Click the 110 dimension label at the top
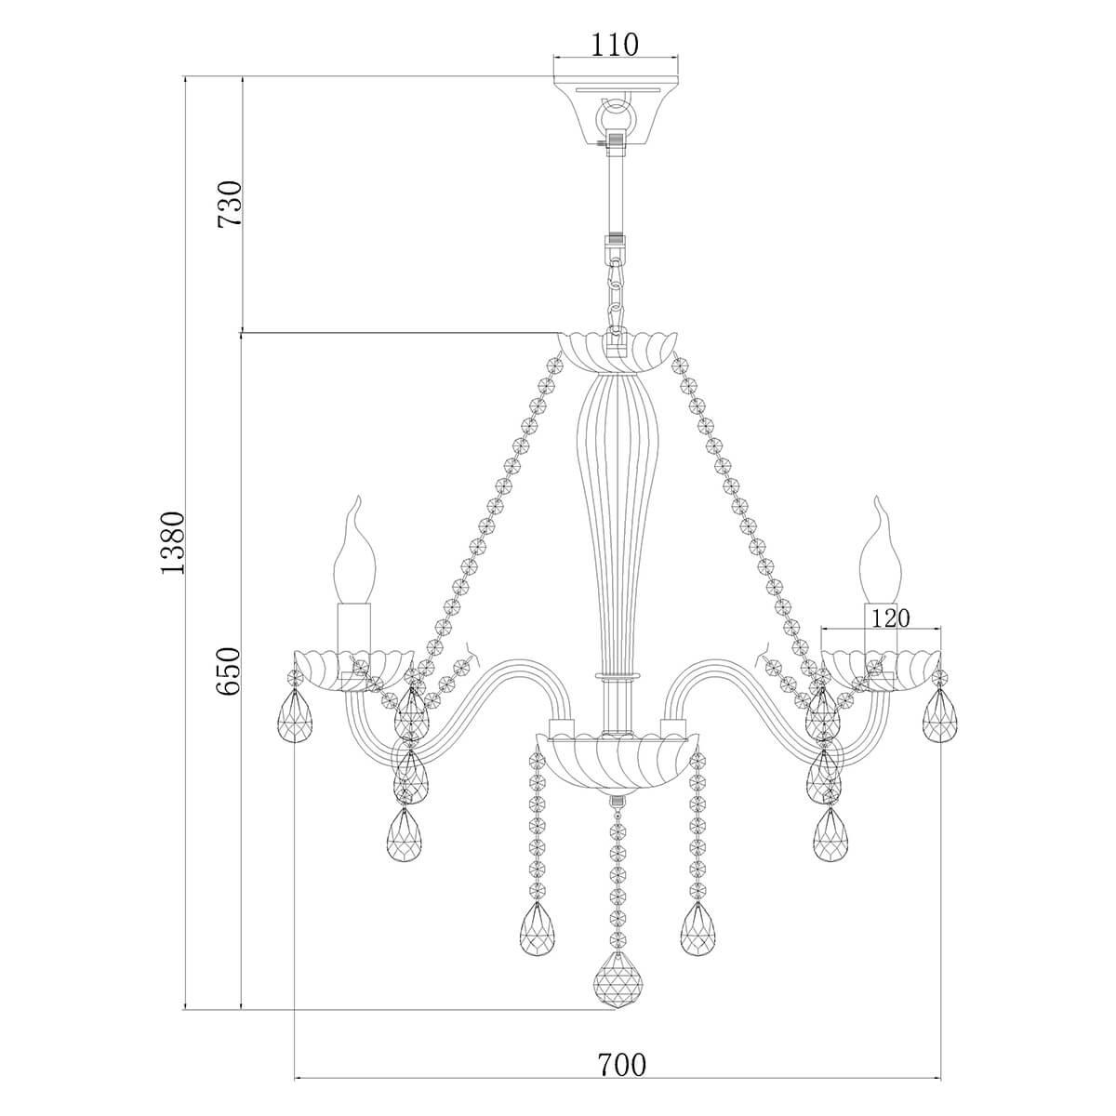click(x=615, y=45)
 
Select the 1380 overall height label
click(x=173, y=542)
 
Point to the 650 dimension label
click(x=228, y=671)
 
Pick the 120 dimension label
click(x=890, y=618)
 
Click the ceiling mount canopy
click(x=616, y=113)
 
